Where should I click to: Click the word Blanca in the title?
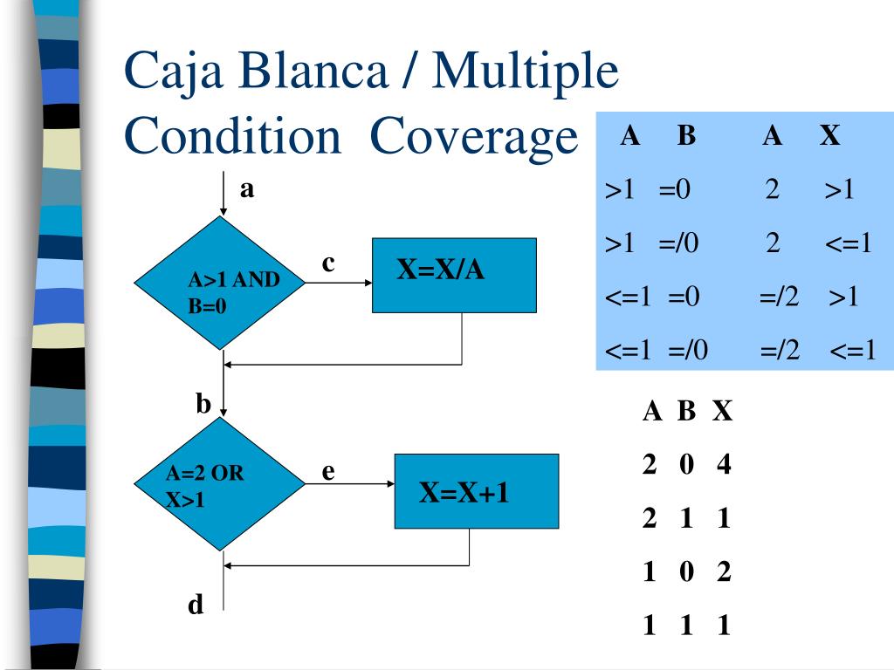tap(313, 71)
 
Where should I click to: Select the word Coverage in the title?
tap(474, 137)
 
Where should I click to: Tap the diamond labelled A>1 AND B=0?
tap(220, 283)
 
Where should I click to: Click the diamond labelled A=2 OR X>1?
tap(220, 483)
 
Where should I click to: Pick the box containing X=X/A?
tap(454, 275)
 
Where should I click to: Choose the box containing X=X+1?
tap(477, 491)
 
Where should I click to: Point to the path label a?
tap(247, 188)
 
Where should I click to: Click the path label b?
tap(203, 403)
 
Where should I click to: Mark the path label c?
tap(328, 263)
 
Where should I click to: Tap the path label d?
tap(196, 604)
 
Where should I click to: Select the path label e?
tap(328, 472)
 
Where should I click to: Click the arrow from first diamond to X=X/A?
tap(339, 283)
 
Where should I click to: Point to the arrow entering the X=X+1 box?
tap(350, 483)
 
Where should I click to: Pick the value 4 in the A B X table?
tap(724, 464)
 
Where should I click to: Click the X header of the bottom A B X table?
tap(722, 410)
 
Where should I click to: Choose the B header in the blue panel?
tap(686, 135)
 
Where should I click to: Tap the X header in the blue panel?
tap(830, 135)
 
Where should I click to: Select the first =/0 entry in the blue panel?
tap(678, 243)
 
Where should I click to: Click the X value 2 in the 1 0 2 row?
tap(724, 571)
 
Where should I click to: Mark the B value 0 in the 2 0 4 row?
tap(686, 464)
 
